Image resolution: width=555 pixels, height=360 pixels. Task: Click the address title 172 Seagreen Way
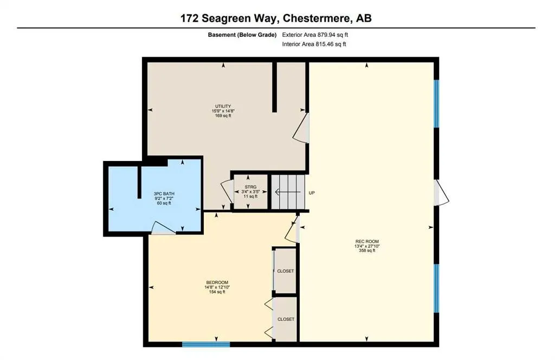(276, 18)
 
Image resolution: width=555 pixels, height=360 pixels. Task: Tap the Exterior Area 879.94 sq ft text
(319, 35)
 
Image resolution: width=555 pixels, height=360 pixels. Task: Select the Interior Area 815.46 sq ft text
(314, 44)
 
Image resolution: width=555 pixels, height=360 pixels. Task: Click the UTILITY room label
(223, 106)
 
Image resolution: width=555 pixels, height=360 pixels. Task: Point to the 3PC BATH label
(164, 194)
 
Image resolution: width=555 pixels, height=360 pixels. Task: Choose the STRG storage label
(250, 187)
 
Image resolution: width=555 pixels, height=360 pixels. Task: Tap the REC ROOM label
(367, 241)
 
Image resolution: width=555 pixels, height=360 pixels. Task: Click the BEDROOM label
(217, 282)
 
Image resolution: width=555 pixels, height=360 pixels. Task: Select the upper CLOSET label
(286, 271)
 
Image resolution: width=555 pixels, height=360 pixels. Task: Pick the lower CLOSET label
(286, 319)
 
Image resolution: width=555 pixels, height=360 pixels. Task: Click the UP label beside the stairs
(312, 192)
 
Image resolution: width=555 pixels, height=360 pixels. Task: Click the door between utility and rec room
(302, 129)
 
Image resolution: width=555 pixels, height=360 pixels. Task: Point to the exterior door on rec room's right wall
(441, 194)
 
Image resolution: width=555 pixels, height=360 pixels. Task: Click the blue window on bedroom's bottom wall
(206, 344)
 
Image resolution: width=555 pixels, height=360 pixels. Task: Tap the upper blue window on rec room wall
(436, 104)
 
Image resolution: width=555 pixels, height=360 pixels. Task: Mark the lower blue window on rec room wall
(436, 288)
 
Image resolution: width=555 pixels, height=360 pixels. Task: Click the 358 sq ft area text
(367, 250)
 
